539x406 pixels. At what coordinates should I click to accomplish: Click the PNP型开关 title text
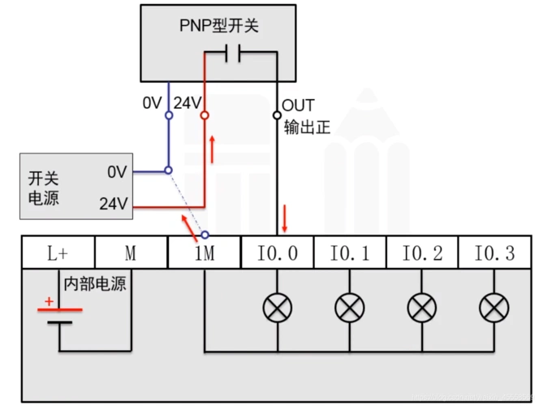(x=219, y=26)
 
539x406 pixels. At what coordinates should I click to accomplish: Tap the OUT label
(x=298, y=106)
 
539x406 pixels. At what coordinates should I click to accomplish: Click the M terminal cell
(x=131, y=253)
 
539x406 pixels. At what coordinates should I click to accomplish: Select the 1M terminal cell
(x=205, y=253)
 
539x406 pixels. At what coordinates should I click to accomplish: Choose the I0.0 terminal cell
(x=278, y=253)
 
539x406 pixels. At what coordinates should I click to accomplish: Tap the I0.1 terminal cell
(x=350, y=253)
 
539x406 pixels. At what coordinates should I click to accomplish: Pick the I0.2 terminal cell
(x=422, y=253)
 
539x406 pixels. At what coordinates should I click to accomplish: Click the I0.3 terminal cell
(x=494, y=253)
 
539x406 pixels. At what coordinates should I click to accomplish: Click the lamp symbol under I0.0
(x=278, y=307)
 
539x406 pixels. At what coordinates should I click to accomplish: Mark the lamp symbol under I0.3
(x=494, y=307)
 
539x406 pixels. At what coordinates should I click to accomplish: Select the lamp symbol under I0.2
(x=421, y=307)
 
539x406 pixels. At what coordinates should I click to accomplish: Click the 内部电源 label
(x=96, y=285)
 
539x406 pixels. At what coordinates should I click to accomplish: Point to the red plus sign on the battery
(x=49, y=302)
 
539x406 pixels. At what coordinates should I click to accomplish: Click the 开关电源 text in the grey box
(x=44, y=188)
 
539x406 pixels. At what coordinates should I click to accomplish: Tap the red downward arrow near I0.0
(x=285, y=218)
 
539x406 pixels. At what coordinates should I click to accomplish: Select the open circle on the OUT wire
(x=277, y=115)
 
